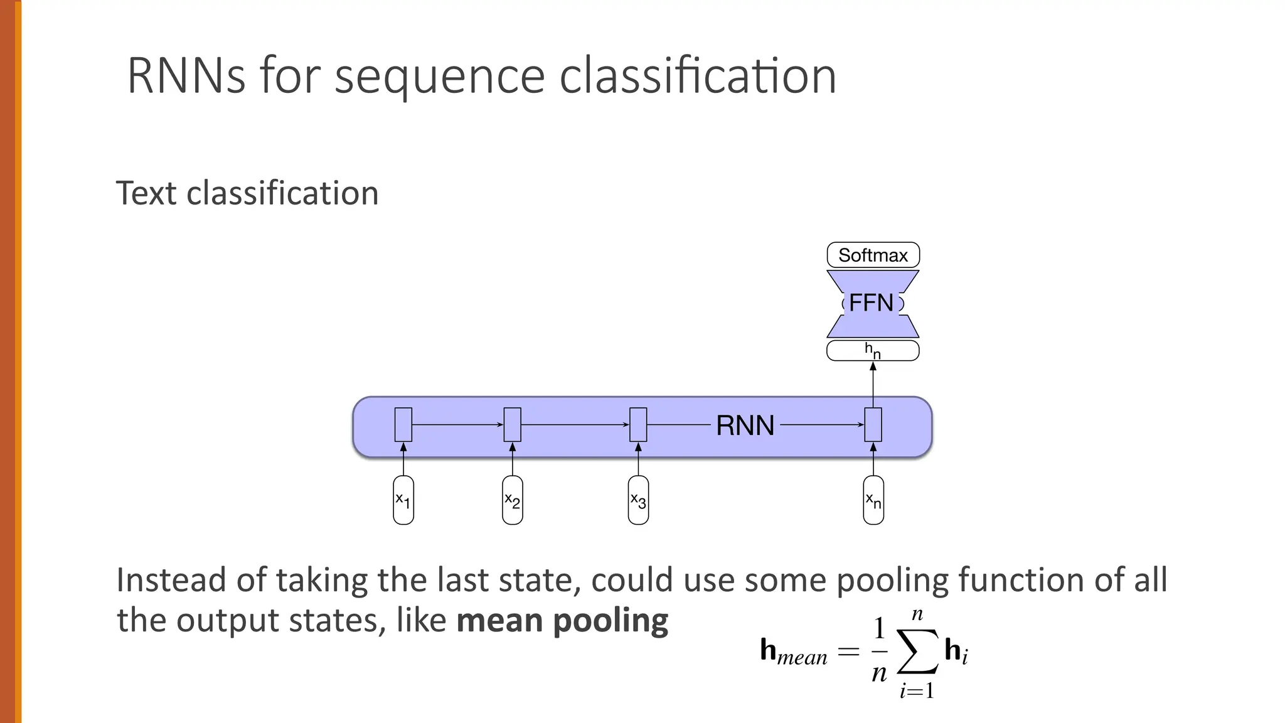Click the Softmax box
tap(873, 255)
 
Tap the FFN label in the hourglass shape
tap(872, 303)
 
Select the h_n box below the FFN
tap(873, 351)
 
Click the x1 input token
tap(403, 500)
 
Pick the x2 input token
tap(513, 500)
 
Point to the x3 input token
tap(638, 500)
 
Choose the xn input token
tap(873, 500)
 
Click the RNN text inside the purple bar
tap(745, 426)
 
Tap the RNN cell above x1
tap(403, 425)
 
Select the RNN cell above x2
tap(513, 425)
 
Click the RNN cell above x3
tap(638, 425)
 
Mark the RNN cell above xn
tap(873, 425)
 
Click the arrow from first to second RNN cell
tap(458, 425)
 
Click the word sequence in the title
tap(439, 77)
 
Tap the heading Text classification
tap(247, 193)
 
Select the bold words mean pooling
tap(562, 621)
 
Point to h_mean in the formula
tap(793, 651)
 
